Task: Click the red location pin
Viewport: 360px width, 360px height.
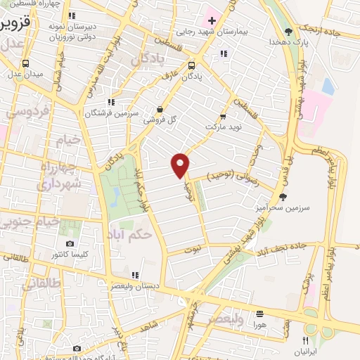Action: tap(181, 164)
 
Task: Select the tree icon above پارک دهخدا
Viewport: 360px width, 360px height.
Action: tap(288, 31)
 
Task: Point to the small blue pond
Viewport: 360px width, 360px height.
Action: tap(328, 86)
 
